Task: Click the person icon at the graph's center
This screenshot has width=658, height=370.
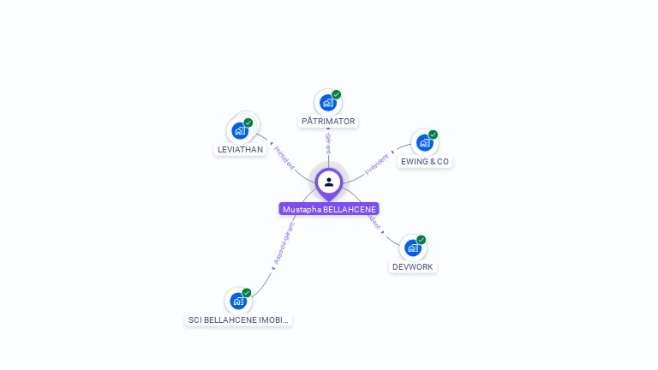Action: [329, 182]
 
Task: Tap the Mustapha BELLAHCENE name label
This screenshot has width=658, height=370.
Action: [329, 209]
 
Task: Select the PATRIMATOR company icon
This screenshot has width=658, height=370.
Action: [327, 103]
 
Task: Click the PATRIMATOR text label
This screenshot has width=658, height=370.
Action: [328, 122]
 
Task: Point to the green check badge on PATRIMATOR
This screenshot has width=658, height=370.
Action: [337, 94]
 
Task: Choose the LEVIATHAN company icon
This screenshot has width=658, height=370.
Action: [240, 131]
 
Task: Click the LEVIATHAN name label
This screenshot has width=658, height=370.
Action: [240, 150]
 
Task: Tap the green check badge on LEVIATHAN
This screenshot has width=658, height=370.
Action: [248, 122]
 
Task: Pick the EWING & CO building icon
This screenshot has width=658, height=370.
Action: [424, 143]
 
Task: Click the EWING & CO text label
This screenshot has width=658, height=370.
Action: [425, 162]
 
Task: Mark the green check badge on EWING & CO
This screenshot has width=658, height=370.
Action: [434, 134]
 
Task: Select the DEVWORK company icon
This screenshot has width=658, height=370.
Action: [413, 248]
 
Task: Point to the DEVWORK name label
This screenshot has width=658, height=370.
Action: [414, 267]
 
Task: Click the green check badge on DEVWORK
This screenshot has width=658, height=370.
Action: [422, 240]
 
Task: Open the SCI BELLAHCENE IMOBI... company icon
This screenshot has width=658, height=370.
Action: [238, 301]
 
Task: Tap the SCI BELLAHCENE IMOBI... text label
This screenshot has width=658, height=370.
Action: [239, 320]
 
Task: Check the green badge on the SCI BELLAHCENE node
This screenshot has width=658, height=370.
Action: [247, 293]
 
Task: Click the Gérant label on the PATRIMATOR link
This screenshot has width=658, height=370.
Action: [328, 142]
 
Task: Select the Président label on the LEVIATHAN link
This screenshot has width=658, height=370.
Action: [284, 156]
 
